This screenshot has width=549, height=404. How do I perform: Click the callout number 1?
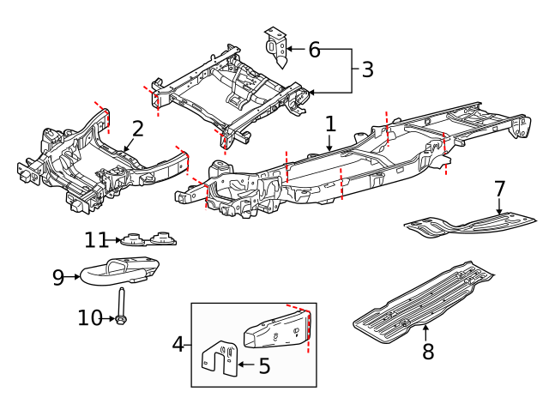330,125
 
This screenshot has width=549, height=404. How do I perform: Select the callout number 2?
137,130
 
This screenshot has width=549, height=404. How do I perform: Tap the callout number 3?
367,70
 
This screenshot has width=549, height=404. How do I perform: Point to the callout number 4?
178,345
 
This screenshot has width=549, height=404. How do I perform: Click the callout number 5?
264,366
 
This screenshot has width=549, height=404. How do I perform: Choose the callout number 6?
314,50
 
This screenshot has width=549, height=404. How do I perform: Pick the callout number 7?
500,189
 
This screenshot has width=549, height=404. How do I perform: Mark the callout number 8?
428,350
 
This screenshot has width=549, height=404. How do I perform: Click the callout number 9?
58,277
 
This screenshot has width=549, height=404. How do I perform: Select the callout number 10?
89,318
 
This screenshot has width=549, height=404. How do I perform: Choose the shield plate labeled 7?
468,222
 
